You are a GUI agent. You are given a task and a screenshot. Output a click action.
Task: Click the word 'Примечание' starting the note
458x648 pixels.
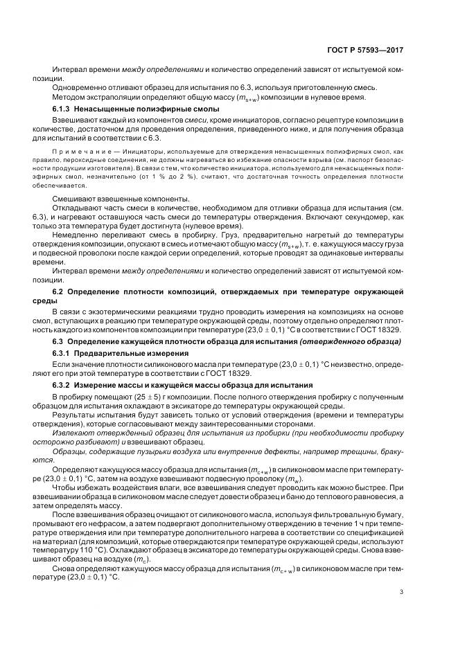76,150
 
